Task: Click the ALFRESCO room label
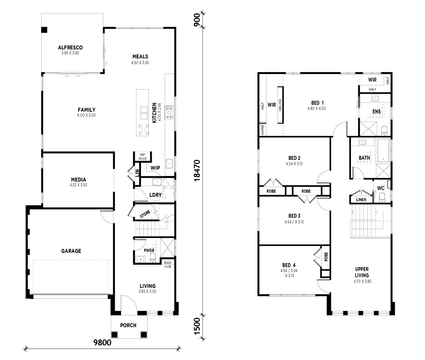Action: (x=70, y=47)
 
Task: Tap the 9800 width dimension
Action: (x=103, y=342)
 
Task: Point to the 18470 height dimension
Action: (x=197, y=170)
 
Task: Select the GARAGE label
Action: (x=71, y=251)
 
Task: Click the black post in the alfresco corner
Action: (x=44, y=30)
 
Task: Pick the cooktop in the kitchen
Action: (x=170, y=112)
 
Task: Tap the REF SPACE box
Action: (x=143, y=157)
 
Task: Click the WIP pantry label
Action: (x=155, y=168)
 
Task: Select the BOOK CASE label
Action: (x=168, y=265)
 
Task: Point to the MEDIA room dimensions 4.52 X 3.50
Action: (x=78, y=185)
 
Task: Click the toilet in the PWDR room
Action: (x=152, y=257)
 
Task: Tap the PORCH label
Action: (x=128, y=325)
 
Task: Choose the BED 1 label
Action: (x=318, y=103)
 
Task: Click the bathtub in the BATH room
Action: (x=383, y=150)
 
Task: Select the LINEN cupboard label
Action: (x=361, y=200)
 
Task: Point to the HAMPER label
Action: (x=262, y=130)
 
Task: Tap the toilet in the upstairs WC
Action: (x=382, y=197)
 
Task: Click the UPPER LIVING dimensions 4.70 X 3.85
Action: (x=362, y=281)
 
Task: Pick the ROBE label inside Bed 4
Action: (x=326, y=256)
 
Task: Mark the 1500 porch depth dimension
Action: (x=197, y=326)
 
